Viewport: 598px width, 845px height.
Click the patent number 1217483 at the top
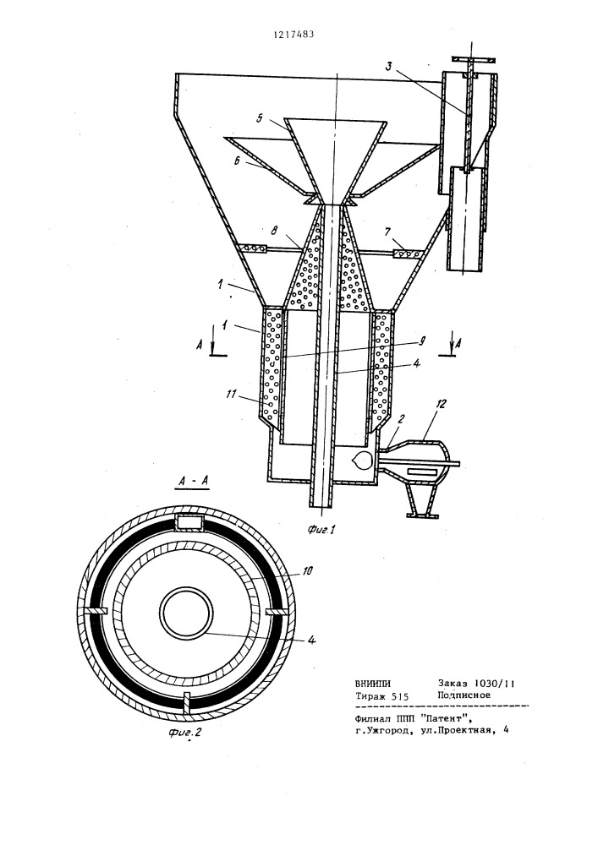(294, 35)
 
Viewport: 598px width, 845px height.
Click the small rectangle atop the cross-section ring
(190, 521)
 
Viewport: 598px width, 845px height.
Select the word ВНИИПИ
(373, 683)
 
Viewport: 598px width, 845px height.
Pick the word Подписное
(464, 695)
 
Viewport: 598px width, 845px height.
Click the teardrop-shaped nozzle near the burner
(360, 460)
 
